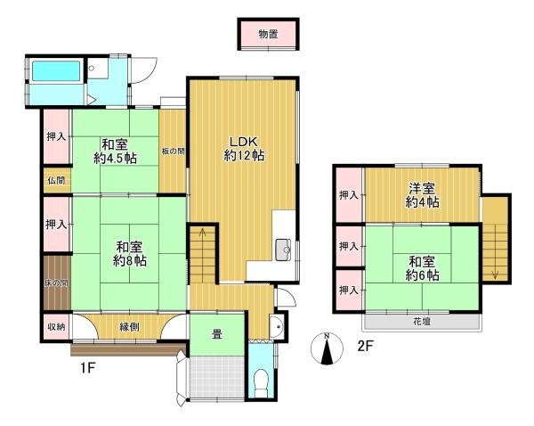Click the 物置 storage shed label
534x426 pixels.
(268, 34)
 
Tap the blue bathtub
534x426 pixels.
(57, 71)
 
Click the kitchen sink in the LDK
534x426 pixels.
(283, 250)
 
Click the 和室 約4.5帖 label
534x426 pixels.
(115, 152)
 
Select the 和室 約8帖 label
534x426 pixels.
(129, 253)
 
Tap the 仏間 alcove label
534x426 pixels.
(56, 180)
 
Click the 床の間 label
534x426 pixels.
(56, 283)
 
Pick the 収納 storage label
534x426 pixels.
(56, 326)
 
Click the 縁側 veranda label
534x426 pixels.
(129, 327)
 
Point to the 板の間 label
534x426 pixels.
(173, 152)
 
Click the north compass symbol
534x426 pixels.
(327, 348)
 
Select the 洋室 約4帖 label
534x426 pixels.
(422, 195)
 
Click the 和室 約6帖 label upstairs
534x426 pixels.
(422, 268)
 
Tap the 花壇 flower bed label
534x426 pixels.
(422, 322)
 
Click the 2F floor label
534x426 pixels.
(366, 346)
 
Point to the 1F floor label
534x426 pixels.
(87, 368)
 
